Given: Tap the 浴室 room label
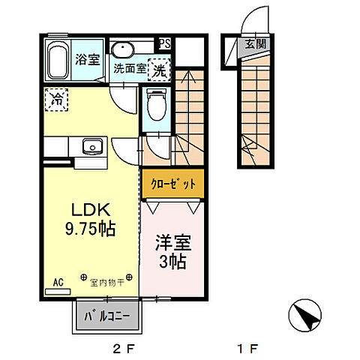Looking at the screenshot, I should pos(88,59).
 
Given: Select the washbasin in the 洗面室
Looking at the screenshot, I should pos(122,49).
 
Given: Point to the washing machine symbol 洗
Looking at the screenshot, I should pos(159,69).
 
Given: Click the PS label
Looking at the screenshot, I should pos(164,43).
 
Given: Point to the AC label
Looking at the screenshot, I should pos(58,283).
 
